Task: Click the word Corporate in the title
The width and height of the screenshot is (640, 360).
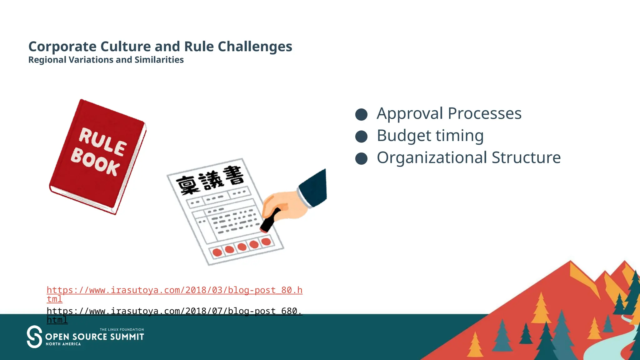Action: click(x=62, y=47)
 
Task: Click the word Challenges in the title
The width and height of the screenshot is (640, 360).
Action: click(x=255, y=47)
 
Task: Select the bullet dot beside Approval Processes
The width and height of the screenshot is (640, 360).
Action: click(x=361, y=114)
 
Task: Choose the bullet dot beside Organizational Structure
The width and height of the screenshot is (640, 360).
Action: click(x=361, y=158)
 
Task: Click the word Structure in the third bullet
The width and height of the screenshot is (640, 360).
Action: click(x=526, y=157)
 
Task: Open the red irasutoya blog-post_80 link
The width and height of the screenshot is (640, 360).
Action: click(x=174, y=290)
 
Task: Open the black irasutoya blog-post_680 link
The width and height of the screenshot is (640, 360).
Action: click(x=174, y=311)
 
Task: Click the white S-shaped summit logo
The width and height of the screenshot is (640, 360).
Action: click(x=34, y=337)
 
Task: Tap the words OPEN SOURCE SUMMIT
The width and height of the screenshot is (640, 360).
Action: click(x=94, y=337)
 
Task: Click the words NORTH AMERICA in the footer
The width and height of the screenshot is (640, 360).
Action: click(x=63, y=344)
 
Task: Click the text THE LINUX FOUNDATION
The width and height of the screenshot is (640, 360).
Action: click(x=122, y=330)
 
